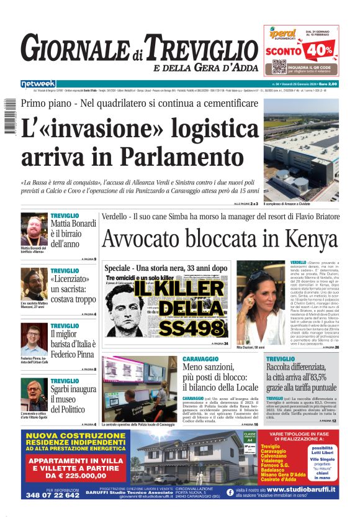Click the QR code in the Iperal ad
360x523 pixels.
tap(279, 66)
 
